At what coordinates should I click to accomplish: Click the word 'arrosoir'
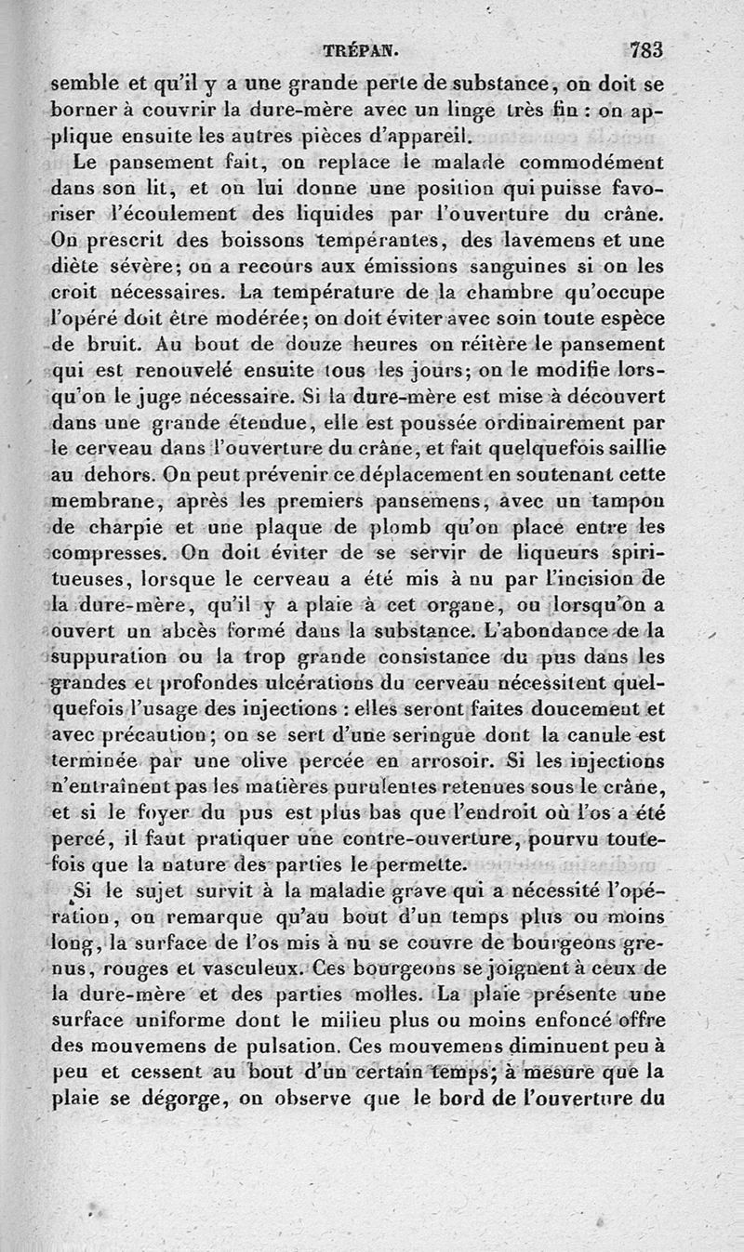coord(449,761)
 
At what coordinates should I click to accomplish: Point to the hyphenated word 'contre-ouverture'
coord(423,839)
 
